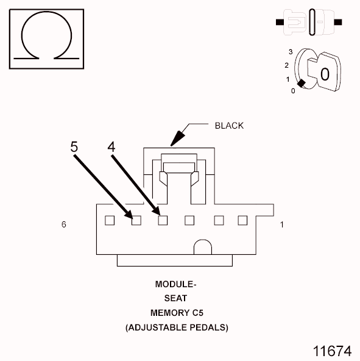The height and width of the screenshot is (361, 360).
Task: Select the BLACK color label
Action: click(229, 126)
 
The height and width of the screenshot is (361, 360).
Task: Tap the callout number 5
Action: click(74, 147)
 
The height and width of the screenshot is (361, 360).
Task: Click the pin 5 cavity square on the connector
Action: click(136, 220)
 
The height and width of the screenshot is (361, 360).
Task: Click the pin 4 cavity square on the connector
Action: click(163, 220)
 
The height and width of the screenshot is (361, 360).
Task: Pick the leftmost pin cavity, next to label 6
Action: click(110, 220)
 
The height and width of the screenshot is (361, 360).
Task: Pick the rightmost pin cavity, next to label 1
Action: click(242, 220)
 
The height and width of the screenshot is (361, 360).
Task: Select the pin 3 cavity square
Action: click(189, 220)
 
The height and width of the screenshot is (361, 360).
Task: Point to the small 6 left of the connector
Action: click(63, 225)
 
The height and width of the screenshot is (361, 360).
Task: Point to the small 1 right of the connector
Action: click(281, 225)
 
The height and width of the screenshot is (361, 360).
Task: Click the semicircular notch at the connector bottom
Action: click(202, 248)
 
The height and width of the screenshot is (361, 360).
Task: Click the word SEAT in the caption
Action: click(175, 299)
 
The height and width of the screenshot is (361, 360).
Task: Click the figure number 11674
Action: click(332, 351)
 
